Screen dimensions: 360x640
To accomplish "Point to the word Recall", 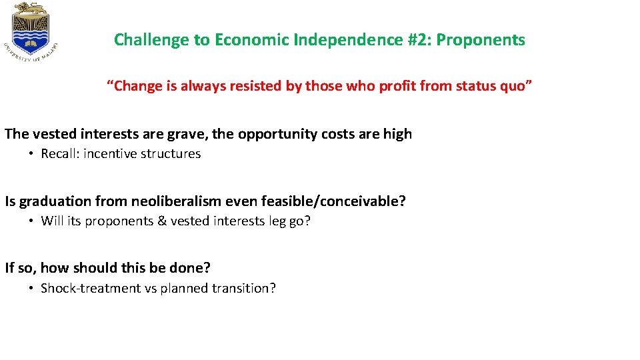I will pyautogui.click(x=59, y=154).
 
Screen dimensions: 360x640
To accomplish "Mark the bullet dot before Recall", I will pyautogui.click(x=31, y=154).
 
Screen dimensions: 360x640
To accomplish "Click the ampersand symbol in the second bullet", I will pyautogui.click(x=162, y=221).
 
